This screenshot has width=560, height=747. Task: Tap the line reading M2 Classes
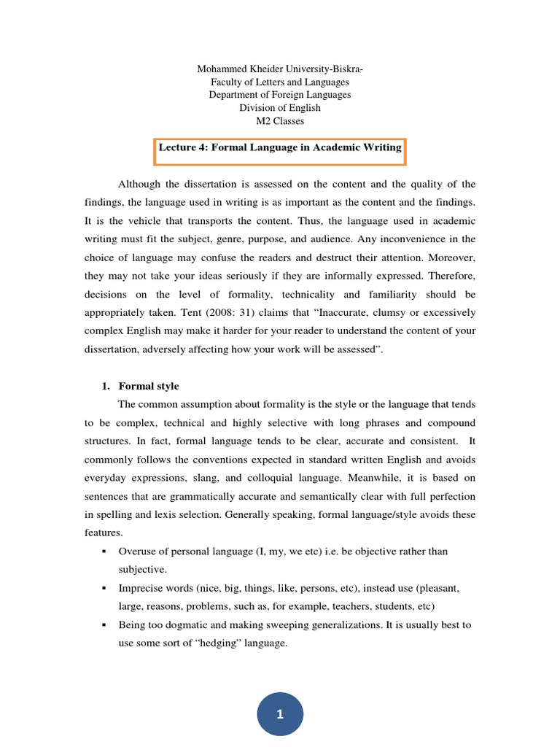pos(280,121)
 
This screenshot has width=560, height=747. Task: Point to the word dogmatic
pos(187,625)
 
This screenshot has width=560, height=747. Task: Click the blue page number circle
pos(279,714)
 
